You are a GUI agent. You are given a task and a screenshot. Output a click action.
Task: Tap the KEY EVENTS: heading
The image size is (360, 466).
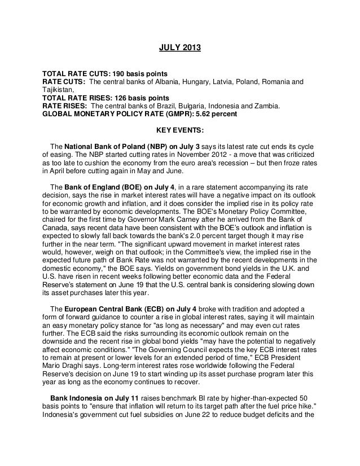[x=179, y=129]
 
